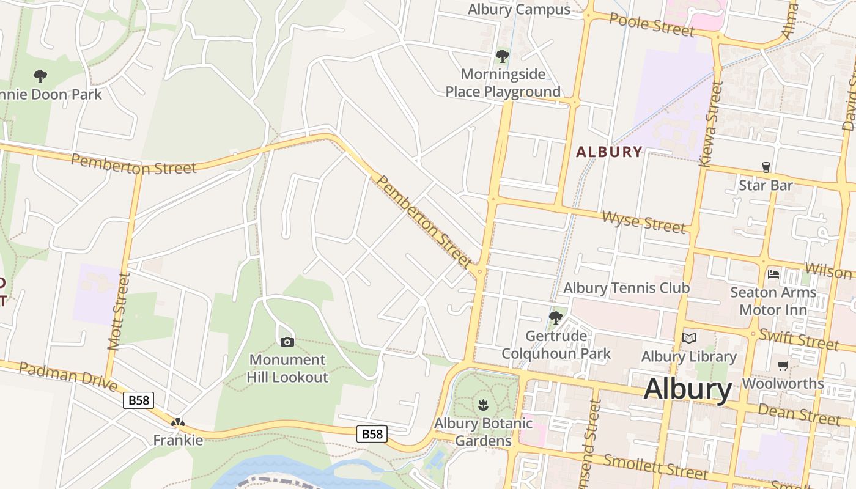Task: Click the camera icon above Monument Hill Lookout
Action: pyautogui.click(x=287, y=342)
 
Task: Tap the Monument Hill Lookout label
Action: pyautogui.click(x=287, y=369)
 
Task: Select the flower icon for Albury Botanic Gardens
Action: pyautogui.click(x=483, y=405)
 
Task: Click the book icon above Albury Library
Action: pyautogui.click(x=689, y=338)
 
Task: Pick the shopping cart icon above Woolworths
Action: pyautogui.click(x=783, y=366)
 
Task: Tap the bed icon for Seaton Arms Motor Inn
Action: pyautogui.click(x=773, y=274)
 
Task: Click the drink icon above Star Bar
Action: pyautogui.click(x=766, y=167)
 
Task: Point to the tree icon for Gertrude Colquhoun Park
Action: pyautogui.click(x=556, y=317)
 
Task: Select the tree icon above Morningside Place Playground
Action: pyautogui.click(x=503, y=57)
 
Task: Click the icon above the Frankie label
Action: pyautogui.click(x=178, y=422)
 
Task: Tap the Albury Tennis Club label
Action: pyautogui.click(x=626, y=288)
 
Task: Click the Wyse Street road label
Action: pyautogui.click(x=643, y=221)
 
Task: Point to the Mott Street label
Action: pyautogui.click(x=119, y=311)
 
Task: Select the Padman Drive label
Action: pyautogui.click(x=67, y=376)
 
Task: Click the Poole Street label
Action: pyautogui.click(x=652, y=24)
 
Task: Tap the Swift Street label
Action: pyautogui.click(x=799, y=339)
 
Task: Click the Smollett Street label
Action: pyautogui.click(x=655, y=466)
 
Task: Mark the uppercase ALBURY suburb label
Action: pyautogui.click(x=610, y=152)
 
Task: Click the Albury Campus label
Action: pyautogui.click(x=519, y=9)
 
